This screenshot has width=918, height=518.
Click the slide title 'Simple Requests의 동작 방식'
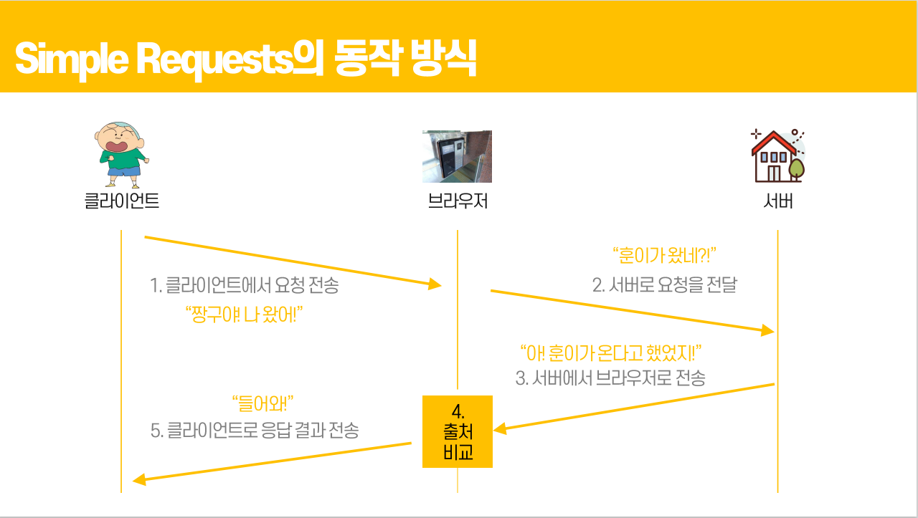(x=245, y=59)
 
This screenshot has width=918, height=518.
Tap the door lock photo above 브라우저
(x=457, y=156)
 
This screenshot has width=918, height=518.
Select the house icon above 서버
(x=777, y=155)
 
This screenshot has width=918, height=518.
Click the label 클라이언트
(x=121, y=201)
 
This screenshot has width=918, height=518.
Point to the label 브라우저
(x=458, y=201)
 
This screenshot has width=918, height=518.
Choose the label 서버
(x=778, y=201)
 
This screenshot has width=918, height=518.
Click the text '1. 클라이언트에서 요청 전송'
(x=245, y=285)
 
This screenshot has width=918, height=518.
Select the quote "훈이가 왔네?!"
(x=665, y=255)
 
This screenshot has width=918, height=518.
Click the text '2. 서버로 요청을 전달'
(x=664, y=285)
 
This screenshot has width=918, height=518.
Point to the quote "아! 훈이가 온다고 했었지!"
(x=610, y=352)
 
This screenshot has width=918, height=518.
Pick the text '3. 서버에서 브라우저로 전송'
(x=610, y=378)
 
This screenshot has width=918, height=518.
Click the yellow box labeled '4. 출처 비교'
(x=458, y=431)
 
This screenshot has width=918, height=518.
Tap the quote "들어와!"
(x=263, y=403)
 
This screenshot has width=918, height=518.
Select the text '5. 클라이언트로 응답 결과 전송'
(x=255, y=430)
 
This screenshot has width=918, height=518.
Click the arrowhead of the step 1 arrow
(x=435, y=284)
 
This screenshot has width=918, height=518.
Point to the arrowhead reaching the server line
(x=767, y=330)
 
